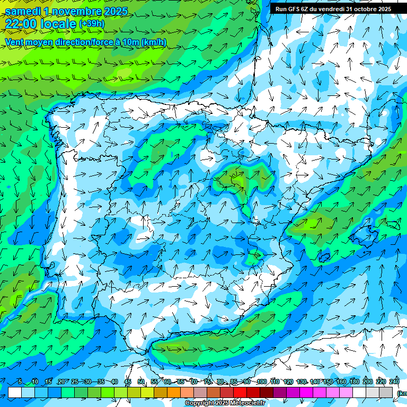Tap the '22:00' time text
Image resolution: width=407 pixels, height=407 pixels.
(x=21, y=23)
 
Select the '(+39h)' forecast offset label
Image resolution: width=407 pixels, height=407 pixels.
(x=92, y=24)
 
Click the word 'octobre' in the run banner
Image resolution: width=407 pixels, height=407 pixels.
(x=361, y=9)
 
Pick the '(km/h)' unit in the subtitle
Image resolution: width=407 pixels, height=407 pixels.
(x=154, y=42)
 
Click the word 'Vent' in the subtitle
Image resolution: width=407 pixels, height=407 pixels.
(x=14, y=42)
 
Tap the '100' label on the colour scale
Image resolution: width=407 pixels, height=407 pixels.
(x=261, y=382)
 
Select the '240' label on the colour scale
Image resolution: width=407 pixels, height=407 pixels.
(x=394, y=382)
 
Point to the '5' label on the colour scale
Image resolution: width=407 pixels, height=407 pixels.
(x=20, y=382)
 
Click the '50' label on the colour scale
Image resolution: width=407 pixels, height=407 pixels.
(x=141, y=382)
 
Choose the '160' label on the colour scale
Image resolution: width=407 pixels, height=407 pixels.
(x=341, y=382)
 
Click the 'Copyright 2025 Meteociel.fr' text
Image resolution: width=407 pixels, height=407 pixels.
(x=225, y=403)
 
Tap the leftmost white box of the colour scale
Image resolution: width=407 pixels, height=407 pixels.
(x=15, y=392)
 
